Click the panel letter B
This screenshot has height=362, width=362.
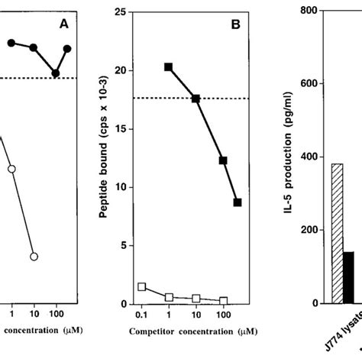coord(236,24)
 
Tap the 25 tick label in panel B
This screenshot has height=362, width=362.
coord(119,12)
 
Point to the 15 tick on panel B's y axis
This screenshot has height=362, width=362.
coord(119,129)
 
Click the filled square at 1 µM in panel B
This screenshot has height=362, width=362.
coord(168,67)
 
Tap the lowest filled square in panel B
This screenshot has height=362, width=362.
coord(238,202)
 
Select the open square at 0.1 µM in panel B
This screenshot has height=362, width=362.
coord(142,286)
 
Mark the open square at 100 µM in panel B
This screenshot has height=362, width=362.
coord(223,301)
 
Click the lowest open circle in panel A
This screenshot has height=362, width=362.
coord(34,257)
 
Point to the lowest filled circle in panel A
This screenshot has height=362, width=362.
coord(56,73)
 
